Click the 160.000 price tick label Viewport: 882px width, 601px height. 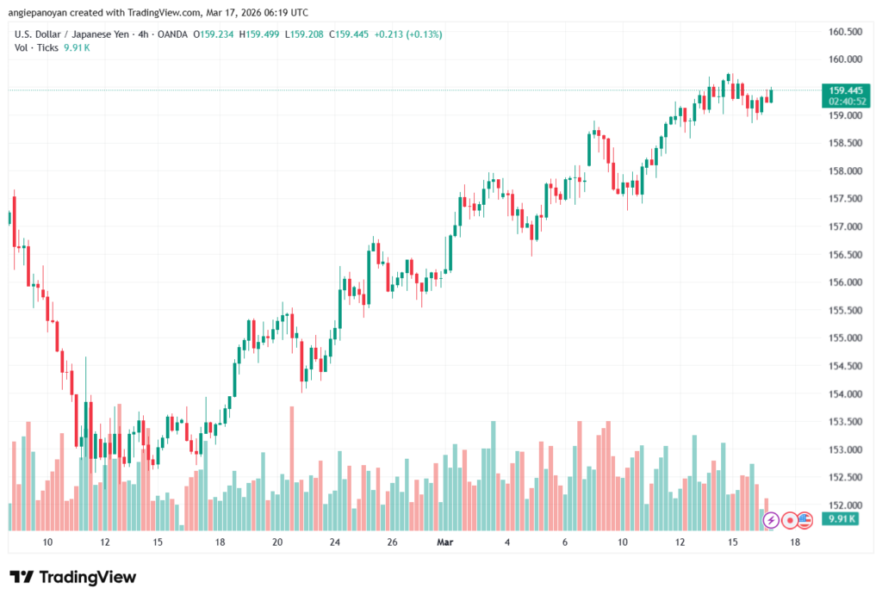844,59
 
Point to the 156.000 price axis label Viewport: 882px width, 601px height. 844,282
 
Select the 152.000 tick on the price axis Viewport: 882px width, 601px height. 844,505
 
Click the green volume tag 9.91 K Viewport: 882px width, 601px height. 839,518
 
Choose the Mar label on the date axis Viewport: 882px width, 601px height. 445,542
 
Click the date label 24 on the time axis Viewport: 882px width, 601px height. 335,542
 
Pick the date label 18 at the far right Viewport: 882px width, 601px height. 794,542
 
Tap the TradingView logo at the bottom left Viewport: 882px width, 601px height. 73,577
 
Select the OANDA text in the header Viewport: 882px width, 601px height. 171,34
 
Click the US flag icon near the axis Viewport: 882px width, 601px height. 806,519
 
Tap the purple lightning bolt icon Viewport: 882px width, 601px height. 771,520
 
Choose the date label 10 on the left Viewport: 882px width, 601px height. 47,542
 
